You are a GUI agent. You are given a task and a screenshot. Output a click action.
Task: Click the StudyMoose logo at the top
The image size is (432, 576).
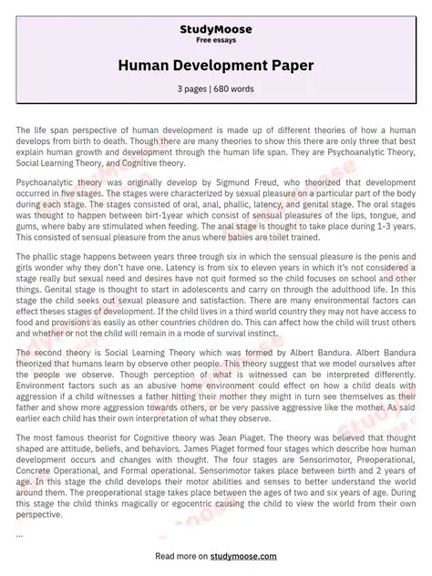click(x=216, y=30)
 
